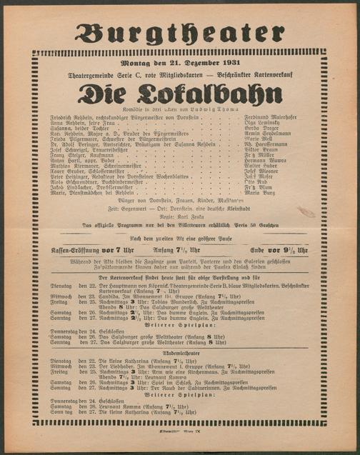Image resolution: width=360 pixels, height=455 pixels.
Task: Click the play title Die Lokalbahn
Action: (x=179, y=94)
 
